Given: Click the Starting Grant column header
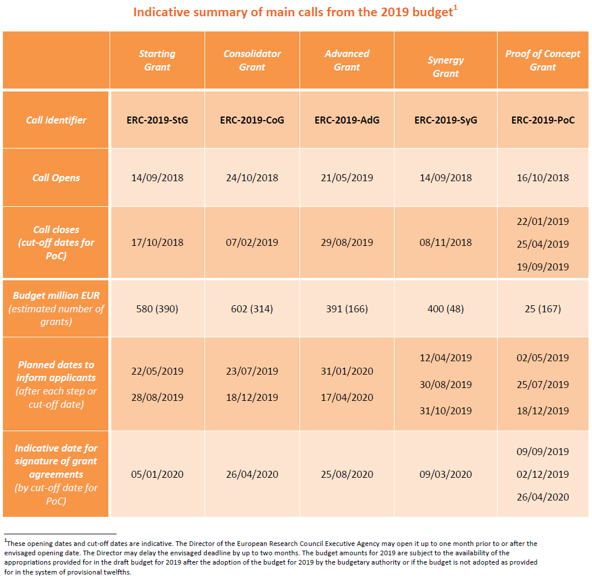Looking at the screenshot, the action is [157, 61].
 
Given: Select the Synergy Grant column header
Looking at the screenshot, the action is [446, 67].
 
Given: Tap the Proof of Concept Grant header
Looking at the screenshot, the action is [542, 61].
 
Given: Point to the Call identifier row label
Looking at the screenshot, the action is [56, 120].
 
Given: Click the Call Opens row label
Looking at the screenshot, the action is [56, 178].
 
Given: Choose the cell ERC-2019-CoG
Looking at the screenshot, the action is [252, 120].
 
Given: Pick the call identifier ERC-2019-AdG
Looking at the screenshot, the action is [347, 120].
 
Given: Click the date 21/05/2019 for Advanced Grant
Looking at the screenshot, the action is [347, 178].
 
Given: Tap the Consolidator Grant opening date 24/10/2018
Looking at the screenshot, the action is [252, 178].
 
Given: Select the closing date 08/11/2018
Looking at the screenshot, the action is [446, 242].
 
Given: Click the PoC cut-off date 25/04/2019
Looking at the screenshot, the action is [542, 244].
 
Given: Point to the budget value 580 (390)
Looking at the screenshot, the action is [157, 309].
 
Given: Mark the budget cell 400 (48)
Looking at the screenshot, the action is [446, 309].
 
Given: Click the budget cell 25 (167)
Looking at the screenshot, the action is [542, 309].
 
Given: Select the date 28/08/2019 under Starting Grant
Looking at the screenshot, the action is [157, 397].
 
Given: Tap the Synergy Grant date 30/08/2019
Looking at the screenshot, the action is [446, 385].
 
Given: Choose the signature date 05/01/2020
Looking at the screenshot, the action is [157, 474].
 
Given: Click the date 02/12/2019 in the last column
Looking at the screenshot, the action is [542, 474].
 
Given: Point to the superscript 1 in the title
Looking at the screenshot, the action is [455, 8].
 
